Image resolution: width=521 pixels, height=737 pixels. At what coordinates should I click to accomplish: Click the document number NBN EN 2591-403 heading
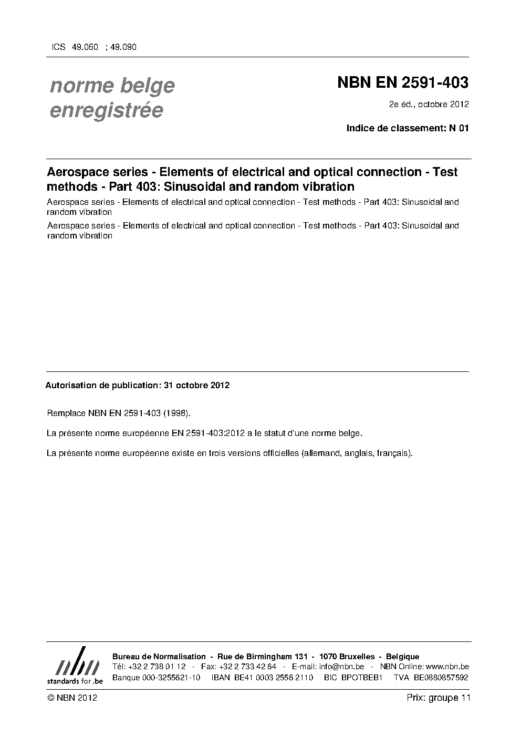coord(402,83)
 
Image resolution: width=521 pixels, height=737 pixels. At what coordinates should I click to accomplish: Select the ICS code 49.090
coord(123,47)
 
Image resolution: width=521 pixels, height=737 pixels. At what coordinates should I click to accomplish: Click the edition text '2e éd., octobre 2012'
coord(429,104)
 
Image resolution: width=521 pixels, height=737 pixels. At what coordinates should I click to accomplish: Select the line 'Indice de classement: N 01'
coord(407,128)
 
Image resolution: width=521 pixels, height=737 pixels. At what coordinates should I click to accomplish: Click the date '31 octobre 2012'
coord(196,385)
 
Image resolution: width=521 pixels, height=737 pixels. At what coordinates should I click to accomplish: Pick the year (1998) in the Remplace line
coord(173,413)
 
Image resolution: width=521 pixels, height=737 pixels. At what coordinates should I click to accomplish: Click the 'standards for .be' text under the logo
coord(75,681)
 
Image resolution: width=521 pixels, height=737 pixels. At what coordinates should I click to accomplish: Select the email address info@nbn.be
coord(341,667)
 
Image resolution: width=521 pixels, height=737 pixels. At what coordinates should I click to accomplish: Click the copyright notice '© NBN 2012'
coord(72,698)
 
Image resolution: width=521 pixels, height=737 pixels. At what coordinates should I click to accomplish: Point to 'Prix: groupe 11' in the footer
coord(438,698)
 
